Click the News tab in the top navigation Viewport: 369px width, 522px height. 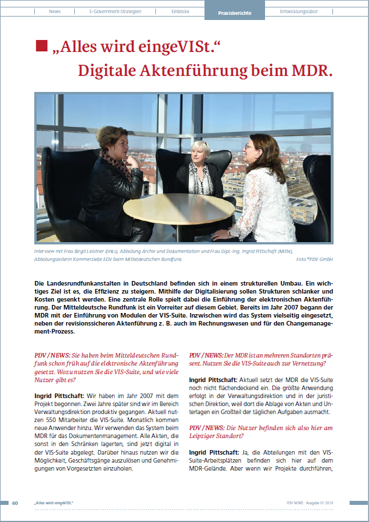click(55, 11)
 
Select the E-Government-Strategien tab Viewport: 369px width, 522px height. click(115, 11)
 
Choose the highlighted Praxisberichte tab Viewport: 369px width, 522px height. click(234, 12)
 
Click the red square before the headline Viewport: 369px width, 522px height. click(42, 46)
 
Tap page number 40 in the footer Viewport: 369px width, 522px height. click(15, 503)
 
